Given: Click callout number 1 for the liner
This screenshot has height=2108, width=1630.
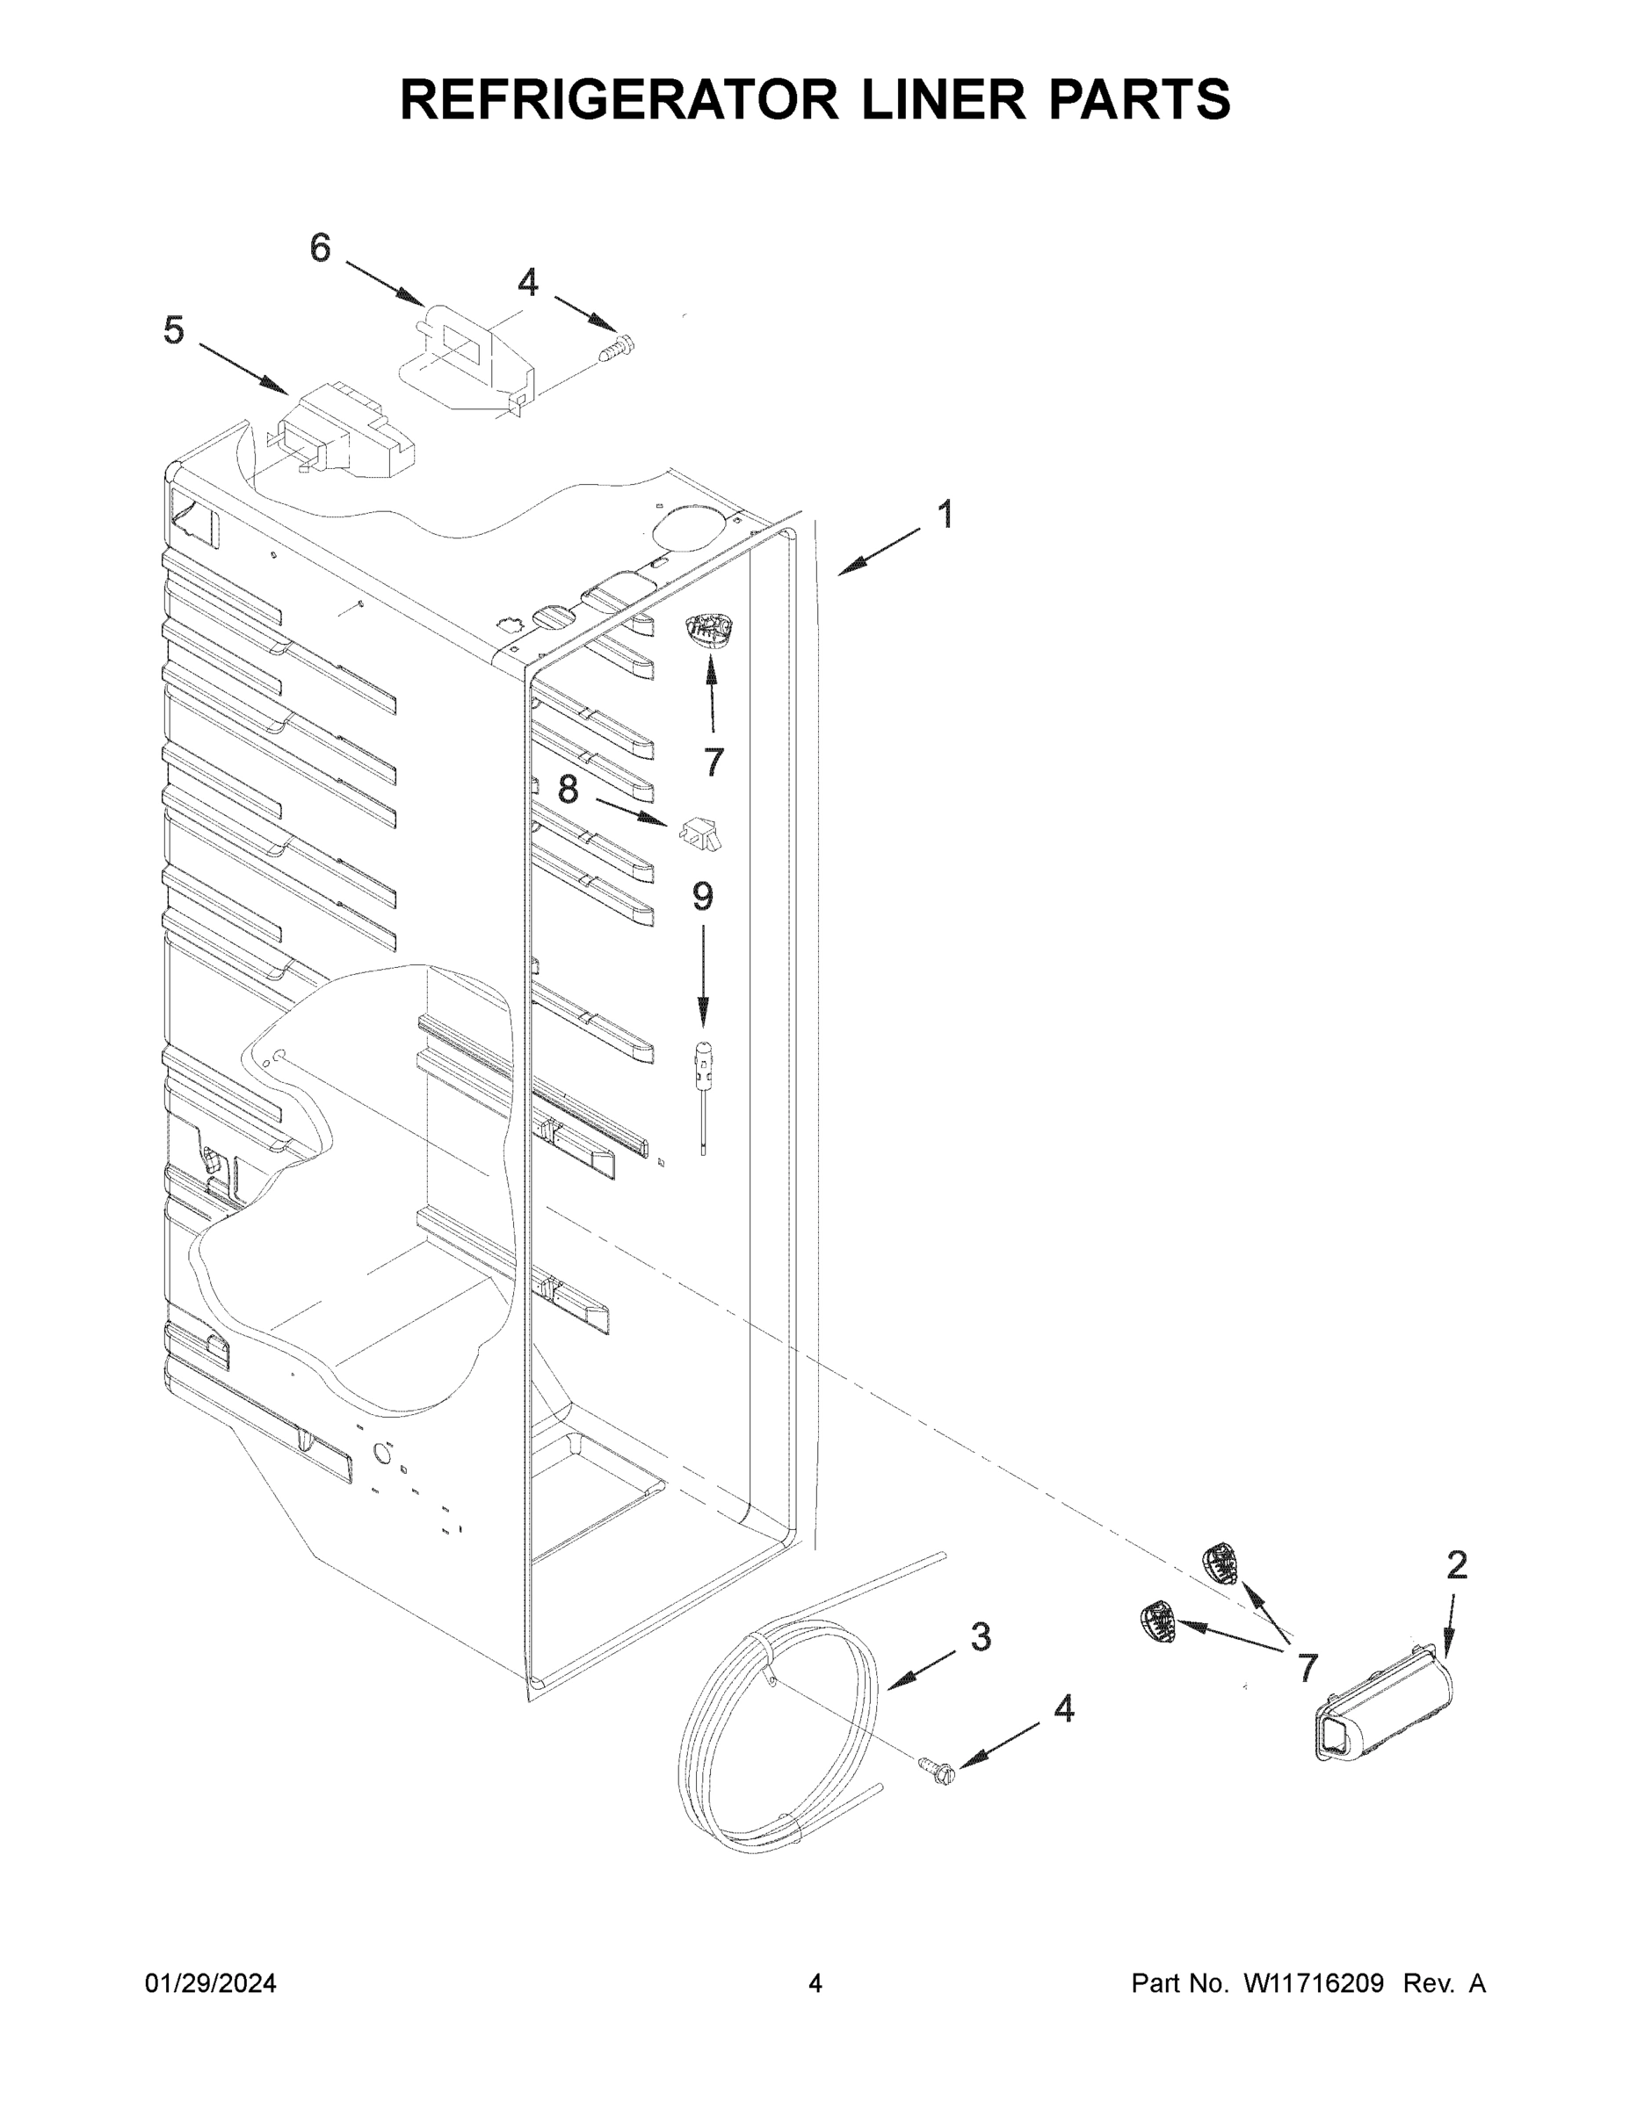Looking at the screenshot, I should coord(946,515).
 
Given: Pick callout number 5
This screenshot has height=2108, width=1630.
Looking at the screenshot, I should coord(173,330).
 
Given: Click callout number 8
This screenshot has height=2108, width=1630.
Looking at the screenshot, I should coord(568,790).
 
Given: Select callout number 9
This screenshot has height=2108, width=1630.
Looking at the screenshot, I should coord(702,898).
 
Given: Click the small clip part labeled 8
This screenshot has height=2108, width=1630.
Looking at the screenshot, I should coord(702,833).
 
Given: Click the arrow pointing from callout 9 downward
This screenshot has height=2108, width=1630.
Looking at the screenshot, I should coord(703,975).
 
